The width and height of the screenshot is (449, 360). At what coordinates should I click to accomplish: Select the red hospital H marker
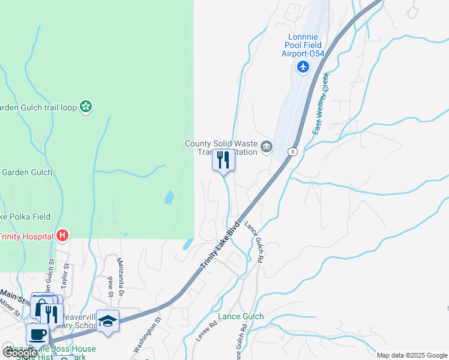(62, 236)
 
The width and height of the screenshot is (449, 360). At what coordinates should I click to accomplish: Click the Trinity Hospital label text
(27, 236)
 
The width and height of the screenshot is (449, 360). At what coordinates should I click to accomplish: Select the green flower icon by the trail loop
(86, 107)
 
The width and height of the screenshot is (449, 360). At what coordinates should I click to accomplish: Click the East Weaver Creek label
(321, 103)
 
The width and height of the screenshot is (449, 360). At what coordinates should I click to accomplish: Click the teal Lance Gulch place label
(240, 316)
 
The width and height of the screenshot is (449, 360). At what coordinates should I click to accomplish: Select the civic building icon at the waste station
(267, 146)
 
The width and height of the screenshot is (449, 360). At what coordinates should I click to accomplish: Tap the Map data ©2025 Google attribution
(412, 355)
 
